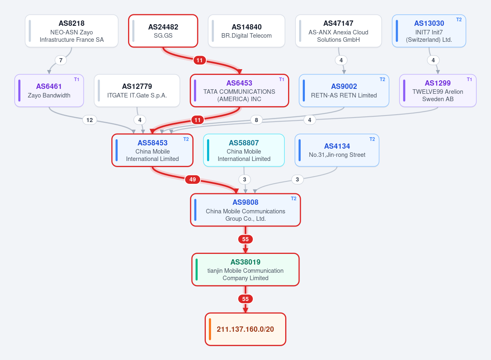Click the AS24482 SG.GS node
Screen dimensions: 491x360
[x=163, y=31]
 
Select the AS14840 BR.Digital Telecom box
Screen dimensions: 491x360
[x=246, y=31]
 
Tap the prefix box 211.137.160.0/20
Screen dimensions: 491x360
[x=245, y=329]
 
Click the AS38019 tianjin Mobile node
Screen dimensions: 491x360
[x=245, y=269]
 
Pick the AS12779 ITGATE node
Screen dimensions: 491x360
[x=137, y=91]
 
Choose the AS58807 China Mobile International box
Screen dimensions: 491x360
[x=244, y=150]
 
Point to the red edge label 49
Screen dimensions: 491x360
[x=193, y=179]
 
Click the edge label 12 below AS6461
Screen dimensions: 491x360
[x=90, y=120]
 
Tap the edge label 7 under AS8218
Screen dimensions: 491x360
[x=61, y=60]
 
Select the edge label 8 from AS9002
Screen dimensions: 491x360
[x=257, y=120]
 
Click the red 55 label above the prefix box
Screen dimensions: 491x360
[x=245, y=299]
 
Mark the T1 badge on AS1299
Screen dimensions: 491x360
[x=469, y=79]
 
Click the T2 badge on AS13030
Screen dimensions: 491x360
[x=459, y=20]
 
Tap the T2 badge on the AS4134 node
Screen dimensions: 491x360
[x=372, y=139]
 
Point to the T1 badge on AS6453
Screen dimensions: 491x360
[x=282, y=79]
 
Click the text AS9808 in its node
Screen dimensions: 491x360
[x=245, y=202]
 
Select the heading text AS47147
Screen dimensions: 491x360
[x=338, y=23]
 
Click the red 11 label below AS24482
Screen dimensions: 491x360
[x=200, y=60]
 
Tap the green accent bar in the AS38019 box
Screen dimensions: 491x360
[x=197, y=269]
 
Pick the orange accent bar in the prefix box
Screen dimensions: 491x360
[x=210, y=329]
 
